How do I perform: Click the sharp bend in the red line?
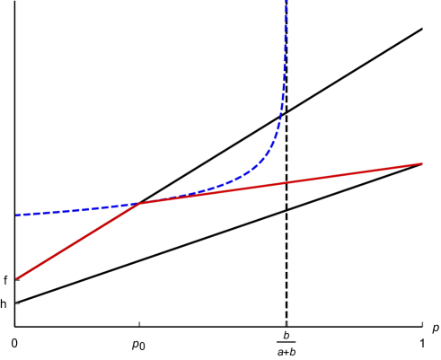click(139, 204)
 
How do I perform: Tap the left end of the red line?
click(17, 278)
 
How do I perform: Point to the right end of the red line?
click(422, 163)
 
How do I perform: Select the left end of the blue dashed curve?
click(16, 215)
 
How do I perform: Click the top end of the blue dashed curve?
click(286, 3)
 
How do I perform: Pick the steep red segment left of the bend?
click(78, 241)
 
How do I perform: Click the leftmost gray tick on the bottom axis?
click(15, 323)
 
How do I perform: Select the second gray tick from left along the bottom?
click(139, 323)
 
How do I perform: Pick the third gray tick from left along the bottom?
click(287, 323)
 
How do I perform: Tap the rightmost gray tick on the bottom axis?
click(422, 323)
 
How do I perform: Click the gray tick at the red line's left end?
click(17, 281)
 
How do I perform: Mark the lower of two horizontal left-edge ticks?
click(17, 303)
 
